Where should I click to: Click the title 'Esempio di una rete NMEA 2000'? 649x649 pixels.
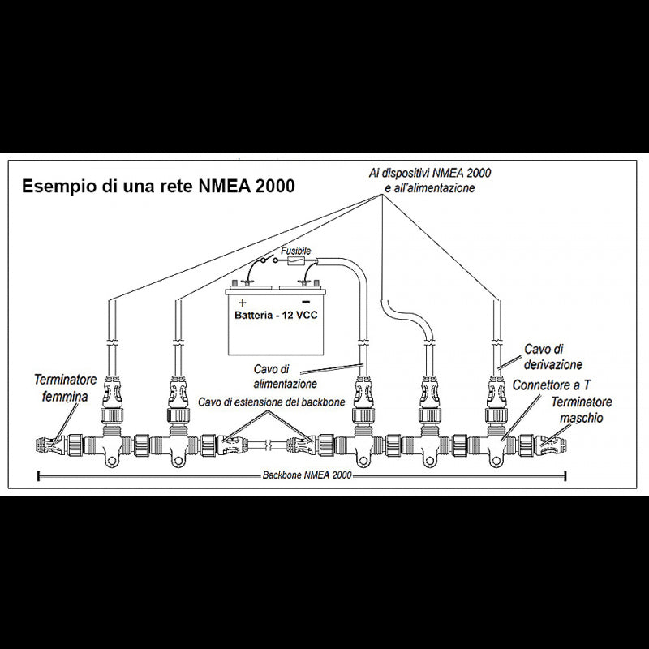tap(159, 186)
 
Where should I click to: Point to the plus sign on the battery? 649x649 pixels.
tap(243, 302)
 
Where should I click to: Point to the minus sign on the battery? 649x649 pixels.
tap(306, 302)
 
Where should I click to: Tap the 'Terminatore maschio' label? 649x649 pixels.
tap(582, 410)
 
